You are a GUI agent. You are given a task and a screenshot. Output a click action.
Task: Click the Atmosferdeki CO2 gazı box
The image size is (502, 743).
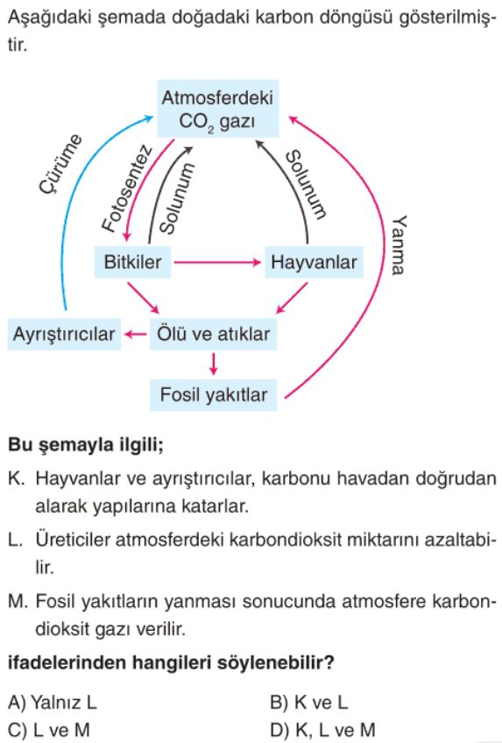(x=217, y=109)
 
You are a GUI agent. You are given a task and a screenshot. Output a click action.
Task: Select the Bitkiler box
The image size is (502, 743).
(x=132, y=262)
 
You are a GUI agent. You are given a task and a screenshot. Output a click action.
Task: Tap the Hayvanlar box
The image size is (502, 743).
(x=314, y=262)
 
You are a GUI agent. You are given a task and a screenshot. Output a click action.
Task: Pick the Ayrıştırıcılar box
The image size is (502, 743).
(x=64, y=334)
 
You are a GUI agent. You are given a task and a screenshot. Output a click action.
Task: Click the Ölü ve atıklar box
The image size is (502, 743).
(x=213, y=334)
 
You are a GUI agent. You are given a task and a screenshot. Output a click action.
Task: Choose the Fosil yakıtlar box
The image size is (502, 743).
(x=213, y=394)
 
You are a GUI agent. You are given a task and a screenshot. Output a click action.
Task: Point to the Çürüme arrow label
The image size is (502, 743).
(x=60, y=164)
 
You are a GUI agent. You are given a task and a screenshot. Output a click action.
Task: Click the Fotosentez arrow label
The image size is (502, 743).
(x=127, y=189)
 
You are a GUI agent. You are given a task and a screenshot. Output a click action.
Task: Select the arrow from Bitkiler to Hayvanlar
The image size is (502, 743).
(x=217, y=262)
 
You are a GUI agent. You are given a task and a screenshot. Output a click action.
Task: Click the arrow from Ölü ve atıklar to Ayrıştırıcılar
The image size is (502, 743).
(x=136, y=335)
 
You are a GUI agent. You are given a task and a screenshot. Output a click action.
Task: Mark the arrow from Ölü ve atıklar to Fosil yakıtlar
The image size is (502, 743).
(x=214, y=364)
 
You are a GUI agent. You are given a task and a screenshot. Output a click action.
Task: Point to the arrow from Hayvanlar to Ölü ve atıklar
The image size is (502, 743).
(x=292, y=298)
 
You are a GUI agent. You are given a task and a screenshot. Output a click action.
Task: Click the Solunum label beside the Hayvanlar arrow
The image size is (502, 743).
(x=307, y=185)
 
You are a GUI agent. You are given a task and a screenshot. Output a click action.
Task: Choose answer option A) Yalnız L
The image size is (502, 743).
(x=52, y=702)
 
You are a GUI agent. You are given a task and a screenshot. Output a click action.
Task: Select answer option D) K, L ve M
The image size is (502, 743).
(x=322, y=730)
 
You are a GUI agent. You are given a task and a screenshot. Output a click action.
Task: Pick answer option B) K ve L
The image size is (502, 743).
(x=308, y=702)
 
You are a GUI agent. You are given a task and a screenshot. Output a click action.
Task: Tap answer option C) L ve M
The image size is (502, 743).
(x=49, y=730)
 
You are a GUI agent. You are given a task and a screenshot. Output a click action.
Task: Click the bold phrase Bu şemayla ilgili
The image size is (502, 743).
(x=86, y=445)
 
